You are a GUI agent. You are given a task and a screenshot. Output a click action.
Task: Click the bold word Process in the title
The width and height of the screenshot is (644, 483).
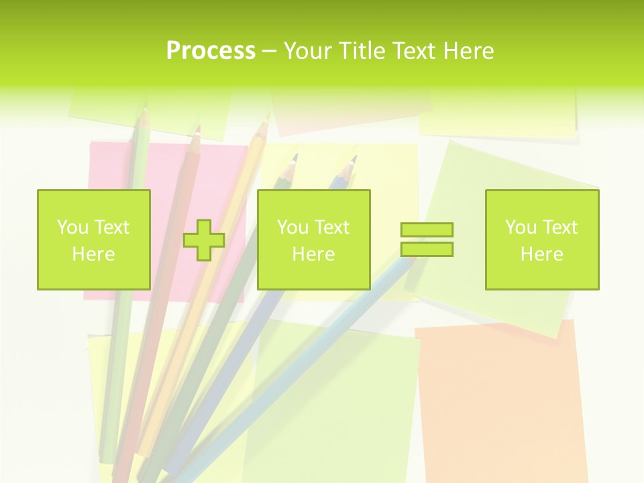click(211, 51)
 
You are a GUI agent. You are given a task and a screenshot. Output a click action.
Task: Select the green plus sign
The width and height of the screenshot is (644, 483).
click(204, 240)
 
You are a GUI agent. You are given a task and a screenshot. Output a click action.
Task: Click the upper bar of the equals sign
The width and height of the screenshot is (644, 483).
click(427, 230)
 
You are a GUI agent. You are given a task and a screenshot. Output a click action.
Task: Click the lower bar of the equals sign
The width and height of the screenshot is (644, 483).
click(427, 250)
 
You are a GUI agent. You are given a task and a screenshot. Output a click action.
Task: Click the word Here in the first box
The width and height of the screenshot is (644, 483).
click(93, 254)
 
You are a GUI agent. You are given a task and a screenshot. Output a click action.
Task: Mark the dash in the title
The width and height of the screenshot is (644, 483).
click(269, 51)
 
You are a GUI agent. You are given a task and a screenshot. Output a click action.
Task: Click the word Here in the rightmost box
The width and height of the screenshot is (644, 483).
click(542, 254)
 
